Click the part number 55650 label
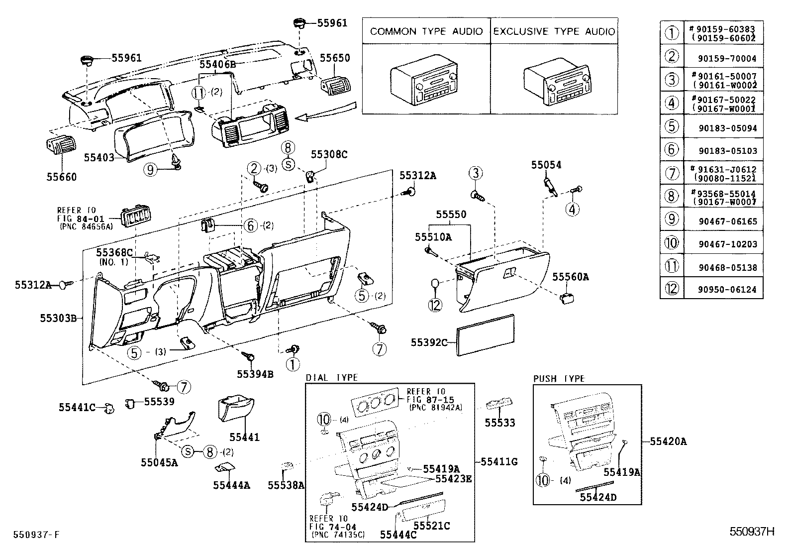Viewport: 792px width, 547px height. pos(334,58)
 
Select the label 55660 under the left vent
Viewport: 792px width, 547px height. pos(62,177)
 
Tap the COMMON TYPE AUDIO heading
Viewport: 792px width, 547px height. pos(426,31)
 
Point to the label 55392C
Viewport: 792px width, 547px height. pos(429,342)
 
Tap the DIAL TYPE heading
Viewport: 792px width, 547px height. pos(332,378)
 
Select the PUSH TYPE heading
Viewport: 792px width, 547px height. pos(559,379)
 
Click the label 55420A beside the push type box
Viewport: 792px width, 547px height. pos(668,441)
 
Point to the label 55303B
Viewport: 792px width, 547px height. pos(58,318)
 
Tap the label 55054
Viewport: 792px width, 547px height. pos(546,165)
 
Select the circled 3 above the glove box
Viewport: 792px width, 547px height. pos(476,173)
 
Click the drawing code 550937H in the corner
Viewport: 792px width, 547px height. pos(752,532)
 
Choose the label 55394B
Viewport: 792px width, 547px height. pos(255,374)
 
